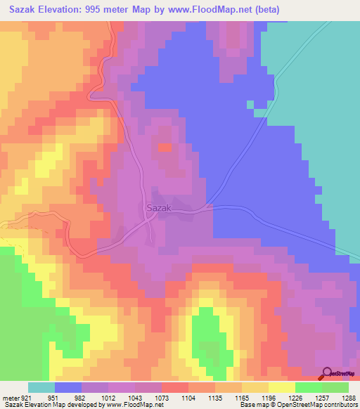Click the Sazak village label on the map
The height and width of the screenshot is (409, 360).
pos(159,208)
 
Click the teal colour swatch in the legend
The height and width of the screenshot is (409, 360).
pos(41,387)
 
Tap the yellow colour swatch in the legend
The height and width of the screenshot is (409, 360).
pos(281,387)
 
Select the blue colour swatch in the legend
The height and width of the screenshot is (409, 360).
pos(68,387)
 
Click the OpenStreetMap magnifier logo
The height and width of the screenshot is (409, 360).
pos(328,374)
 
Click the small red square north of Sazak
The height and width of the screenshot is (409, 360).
pos(165,147)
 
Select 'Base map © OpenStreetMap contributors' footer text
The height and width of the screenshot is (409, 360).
pos(300,405)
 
